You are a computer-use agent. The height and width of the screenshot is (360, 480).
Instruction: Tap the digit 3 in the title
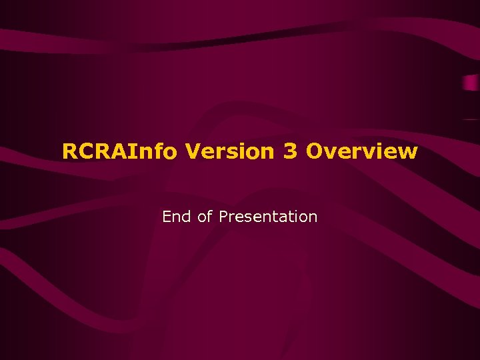[x=290, y=151]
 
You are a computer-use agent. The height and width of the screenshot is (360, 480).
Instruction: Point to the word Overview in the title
[x=362, y=151]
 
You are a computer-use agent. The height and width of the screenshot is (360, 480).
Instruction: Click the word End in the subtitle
[x=177, y=217]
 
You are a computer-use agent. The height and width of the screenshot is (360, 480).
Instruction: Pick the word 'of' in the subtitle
[x=205, y=217]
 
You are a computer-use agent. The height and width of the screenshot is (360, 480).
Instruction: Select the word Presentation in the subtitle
[x=268, y=217]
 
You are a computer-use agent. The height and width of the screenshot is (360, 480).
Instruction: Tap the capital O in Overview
[x=315, y=151]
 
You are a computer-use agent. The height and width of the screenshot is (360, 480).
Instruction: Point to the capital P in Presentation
[x=223, y=217]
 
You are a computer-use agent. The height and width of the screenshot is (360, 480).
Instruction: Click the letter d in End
[x=187, y=217]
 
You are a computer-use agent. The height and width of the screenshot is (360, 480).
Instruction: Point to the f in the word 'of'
[x=209, y=217]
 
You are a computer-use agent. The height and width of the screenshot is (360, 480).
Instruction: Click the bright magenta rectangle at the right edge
[x=471, y=84]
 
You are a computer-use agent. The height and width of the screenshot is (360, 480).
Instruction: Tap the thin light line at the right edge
[x=471, y=119]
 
